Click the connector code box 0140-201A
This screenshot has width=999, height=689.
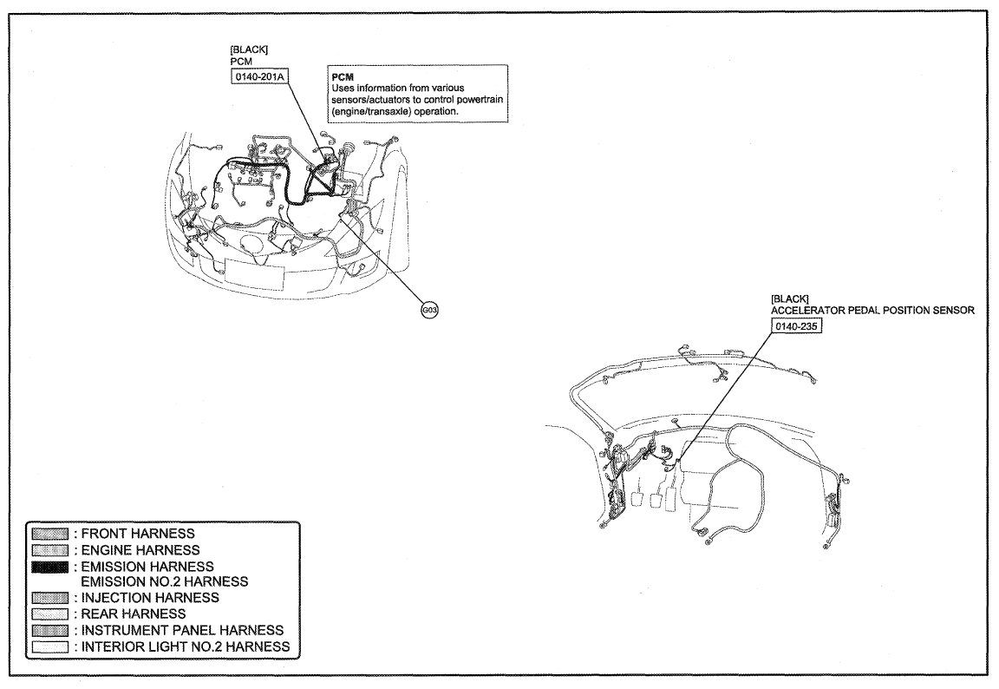pyautogui.click(x=260, y=77)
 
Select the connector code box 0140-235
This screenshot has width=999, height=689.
pyautogui.click(x=796, y=326)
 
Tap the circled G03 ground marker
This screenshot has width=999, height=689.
pyautogui.click(x=430, y=311)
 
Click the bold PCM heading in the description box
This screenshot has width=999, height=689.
pyautogui.click(x=343, y=76)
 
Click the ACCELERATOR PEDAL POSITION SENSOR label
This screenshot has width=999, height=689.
pyautogui.click(x=872, y=311)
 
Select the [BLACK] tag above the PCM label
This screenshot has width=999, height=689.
pyautogui.click(x=249, y=49)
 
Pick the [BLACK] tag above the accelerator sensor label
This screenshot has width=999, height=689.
pyautogui.click(x=789, y=299)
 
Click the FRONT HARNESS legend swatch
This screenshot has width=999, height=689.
pyautogui.click(x=50, y=534)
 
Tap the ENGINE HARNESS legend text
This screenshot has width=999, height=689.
pyautogui.click(x=140, y=550)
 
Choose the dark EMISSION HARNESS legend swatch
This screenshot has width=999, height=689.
pyautogui.click(x=50, y=566)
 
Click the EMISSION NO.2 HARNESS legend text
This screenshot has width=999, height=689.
pyautogui.click(x=165, y=581)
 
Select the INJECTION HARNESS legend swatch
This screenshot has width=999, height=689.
pyautogui.click(x=50, y=598)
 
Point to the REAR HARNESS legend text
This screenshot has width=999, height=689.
pyautogui.click(x=134, y=614)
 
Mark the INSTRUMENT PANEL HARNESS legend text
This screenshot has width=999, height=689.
pyautogui.click(x=182, y=630)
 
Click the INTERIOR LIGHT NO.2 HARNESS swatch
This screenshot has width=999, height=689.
pyautogui.click(x=50, y=647)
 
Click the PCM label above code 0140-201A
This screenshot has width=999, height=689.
pyautogui.click(x=241, y=62)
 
